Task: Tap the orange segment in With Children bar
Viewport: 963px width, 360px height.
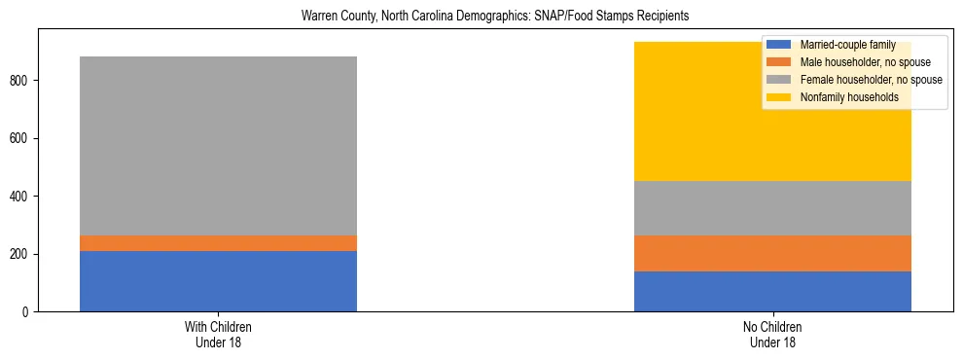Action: (x=218, y=243)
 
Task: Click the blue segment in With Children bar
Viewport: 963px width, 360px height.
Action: (x=218, y=281)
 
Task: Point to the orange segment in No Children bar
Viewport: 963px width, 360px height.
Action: (x=772, y=253)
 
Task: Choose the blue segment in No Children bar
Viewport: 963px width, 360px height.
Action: (x=772, y=291)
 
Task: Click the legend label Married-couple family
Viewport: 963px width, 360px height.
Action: (x=846, y=45)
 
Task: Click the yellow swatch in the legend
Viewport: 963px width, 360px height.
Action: (x=780, y=97)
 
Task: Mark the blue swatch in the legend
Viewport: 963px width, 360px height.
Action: (x=780, y=45)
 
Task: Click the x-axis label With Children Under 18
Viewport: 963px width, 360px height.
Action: (x=218, y=334)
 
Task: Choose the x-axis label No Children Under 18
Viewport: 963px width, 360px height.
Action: (x=772, y=334)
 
